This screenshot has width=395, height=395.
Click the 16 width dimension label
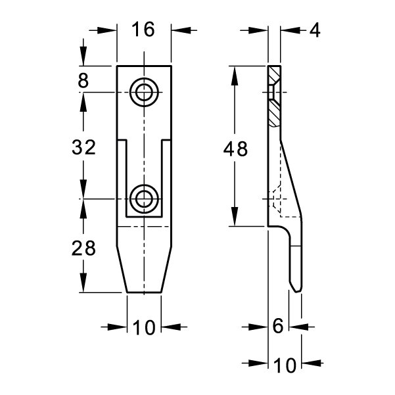coord(143,30)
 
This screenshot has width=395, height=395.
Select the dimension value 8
coord(83,80)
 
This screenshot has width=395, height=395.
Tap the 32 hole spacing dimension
coord(83,147)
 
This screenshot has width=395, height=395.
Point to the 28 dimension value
coord(83,248)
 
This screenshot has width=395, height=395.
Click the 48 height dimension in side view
coord(235,149)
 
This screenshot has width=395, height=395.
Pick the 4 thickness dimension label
coord(315,30)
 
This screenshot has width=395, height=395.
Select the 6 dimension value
coord(278,326)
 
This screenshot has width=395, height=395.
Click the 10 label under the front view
coord(143,328)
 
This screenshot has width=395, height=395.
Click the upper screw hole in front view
coord(144,92)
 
